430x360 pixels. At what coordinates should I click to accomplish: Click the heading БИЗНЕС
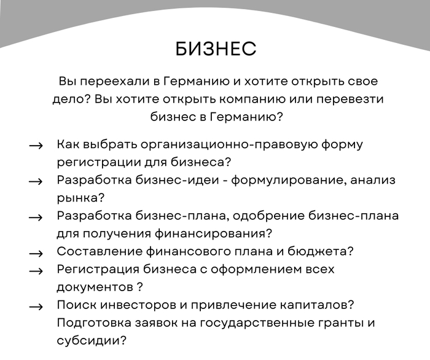(x=215, y=49)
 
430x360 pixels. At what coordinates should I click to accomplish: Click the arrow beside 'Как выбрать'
(x=36, y=146)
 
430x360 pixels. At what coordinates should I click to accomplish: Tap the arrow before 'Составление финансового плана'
(x=36, y=252)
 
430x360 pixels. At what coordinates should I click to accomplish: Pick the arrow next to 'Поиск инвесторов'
(x=36, y=306)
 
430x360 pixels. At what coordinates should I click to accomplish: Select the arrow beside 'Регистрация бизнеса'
(x=36, y=270)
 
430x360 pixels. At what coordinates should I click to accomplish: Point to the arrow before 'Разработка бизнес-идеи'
(x=36, y=181)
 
